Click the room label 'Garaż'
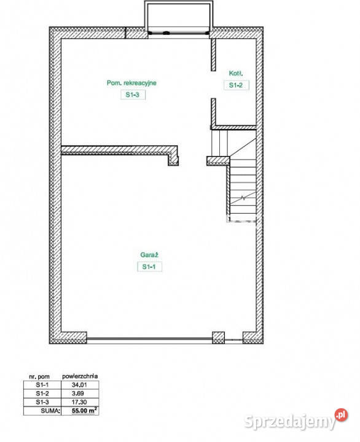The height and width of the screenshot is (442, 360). (x=149, y=255)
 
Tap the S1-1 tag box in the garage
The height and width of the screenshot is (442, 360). (x=149, y=266)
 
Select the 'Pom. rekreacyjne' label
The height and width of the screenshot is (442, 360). (x=131, y=83)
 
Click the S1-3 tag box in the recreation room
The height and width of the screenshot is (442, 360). (x=133, y=95)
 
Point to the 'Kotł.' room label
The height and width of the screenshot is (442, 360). (x=236, y=73)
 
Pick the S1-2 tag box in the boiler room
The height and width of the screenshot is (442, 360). (x=237, y=85)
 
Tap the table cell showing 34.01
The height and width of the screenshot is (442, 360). (x=80, y=385)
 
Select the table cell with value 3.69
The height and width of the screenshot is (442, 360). (x=78, y=394)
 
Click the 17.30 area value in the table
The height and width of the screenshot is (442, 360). (x=79, y=402)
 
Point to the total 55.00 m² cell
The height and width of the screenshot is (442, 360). (x=84, y=411)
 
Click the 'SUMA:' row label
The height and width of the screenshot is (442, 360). (x=50, y=411)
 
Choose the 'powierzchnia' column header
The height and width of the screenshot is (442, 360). (x=80, y=376)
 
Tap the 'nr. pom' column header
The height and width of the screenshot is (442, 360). (x=39, y=376)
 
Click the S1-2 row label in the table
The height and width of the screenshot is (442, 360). (x=42, y=394)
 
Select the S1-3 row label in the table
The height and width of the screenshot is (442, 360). (x=42, y=402)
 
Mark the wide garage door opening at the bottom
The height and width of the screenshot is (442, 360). (x=149, y=340)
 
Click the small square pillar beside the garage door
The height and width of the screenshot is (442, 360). (x=218, y=338)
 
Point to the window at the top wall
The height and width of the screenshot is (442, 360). (x=179, y=33)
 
